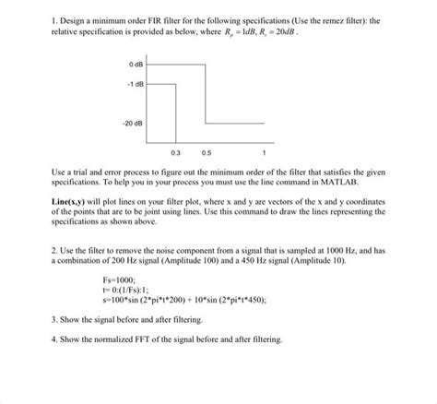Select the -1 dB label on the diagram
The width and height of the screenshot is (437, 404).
(134, 85)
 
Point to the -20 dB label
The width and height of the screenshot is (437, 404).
(131, 122)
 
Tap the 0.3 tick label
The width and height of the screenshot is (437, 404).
(175, 151)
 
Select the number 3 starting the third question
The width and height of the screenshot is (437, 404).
(55, 318)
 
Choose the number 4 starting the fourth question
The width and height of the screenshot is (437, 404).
(55, 338)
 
